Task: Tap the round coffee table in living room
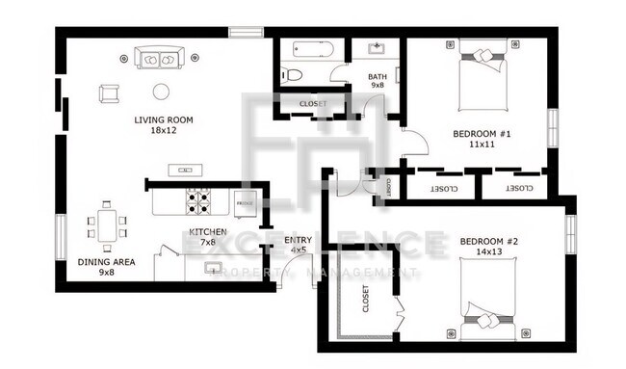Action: pos(160,92)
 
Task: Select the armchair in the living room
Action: pos(108,93)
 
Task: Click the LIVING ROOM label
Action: pos(164,125)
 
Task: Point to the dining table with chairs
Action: pos(107,226)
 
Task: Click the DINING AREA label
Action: pos(106,267)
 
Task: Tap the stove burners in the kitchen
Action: pos(198,201)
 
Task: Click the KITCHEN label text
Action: pos(208,237)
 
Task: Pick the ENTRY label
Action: pos(298,245)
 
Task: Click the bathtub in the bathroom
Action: pos(307,49)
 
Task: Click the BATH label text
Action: pos(378,81)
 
